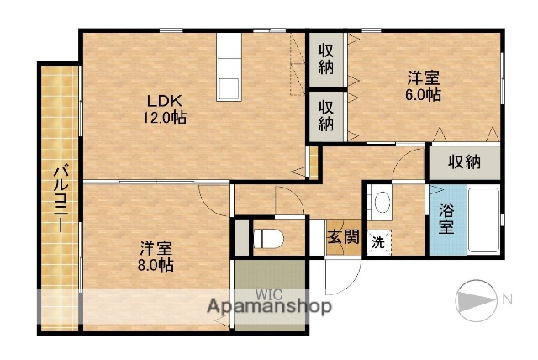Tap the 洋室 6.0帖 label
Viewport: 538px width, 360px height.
click(x=424, y=86)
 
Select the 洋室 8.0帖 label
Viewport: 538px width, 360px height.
click(x=156, y=256)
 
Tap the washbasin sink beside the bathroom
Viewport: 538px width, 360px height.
click(x=382, y=203)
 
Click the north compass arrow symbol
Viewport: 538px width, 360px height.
click(x=477, y=299)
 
